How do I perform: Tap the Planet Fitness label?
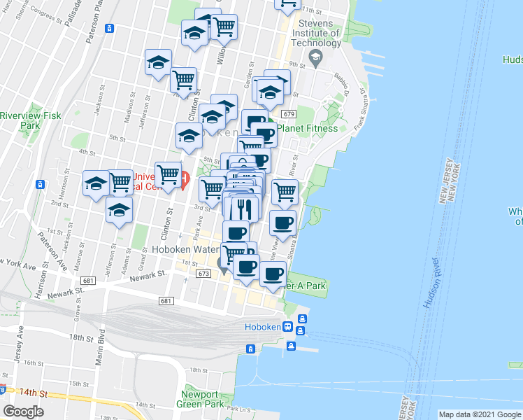click(307, 128)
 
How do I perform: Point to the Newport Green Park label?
click(203, 399)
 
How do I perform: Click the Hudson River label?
click(433, 284)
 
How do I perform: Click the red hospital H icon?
click(184, 181)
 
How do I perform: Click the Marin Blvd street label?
click(100, 349)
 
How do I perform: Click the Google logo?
click(23, 411)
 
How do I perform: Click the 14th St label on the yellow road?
click(33, 393)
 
